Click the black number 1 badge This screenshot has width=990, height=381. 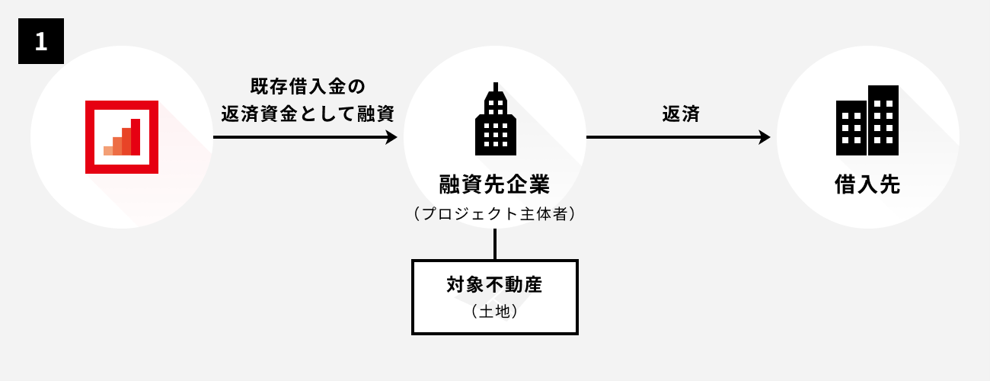pos(40,41)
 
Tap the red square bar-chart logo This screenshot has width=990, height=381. pos(122,137)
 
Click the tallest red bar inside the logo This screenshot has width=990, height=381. pos(136,137)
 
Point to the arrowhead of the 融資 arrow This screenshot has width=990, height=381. pos(391,138)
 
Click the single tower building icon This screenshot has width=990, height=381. pos(495,122)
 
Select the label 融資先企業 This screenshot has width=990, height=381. pos(494,184)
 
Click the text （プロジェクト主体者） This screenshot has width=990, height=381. pos(494,214)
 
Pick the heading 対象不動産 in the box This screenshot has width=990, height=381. pos(494,286)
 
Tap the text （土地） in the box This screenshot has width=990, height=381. pos(494,311)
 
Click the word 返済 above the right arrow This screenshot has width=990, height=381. pos(681,114)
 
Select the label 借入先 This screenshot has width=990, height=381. pos(867,184)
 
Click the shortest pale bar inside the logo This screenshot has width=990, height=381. pos(108,149)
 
